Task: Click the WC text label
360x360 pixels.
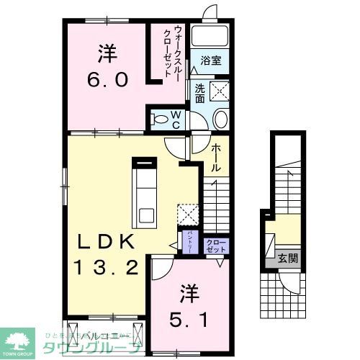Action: (174, 118)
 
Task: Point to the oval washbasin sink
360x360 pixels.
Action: (220, 120)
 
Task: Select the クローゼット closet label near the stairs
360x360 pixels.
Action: (215, 245)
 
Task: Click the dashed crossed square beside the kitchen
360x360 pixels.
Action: (188, 214)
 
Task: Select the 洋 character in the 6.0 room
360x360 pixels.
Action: (107, 54)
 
